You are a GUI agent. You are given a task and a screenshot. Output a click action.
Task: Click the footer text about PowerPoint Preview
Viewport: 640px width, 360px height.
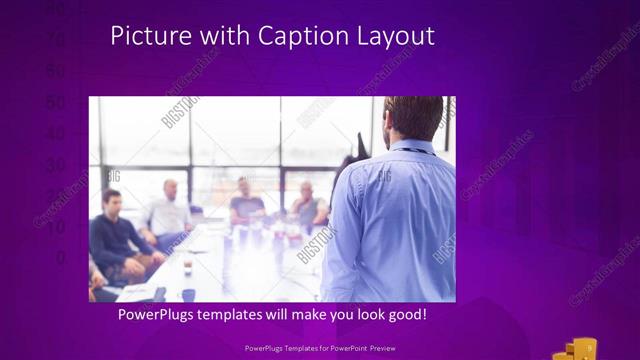(319, 348)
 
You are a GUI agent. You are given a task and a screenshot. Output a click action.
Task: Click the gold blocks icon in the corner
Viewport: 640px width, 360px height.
(579, 349)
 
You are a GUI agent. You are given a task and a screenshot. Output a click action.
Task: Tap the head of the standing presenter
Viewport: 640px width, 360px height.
(412, 118)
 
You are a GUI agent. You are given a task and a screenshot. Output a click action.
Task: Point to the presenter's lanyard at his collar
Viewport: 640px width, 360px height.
(412, 149)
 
